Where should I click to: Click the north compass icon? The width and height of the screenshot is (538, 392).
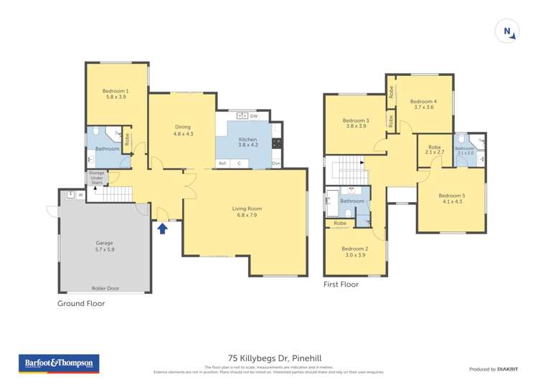507,31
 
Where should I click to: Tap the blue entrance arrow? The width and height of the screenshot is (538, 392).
162,228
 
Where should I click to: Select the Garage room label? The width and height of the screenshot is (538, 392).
105,245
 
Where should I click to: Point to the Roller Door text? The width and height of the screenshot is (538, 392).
105,288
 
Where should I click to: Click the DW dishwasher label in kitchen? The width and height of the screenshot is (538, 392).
254,115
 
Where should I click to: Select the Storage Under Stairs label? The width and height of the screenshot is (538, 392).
97,178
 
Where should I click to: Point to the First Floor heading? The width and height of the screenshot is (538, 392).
341,285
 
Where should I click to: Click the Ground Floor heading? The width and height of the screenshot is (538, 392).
81,303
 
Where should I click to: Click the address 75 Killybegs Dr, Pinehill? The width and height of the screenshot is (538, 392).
269,360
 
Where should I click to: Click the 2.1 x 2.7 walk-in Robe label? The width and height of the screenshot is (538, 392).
435,150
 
